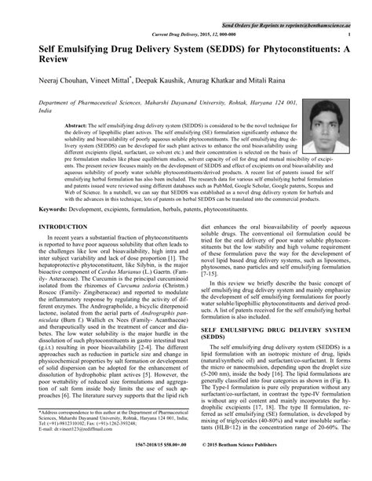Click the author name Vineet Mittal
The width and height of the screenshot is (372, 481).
[x=111, y=81]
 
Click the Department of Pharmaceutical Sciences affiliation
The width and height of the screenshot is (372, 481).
[x=110, y=103]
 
